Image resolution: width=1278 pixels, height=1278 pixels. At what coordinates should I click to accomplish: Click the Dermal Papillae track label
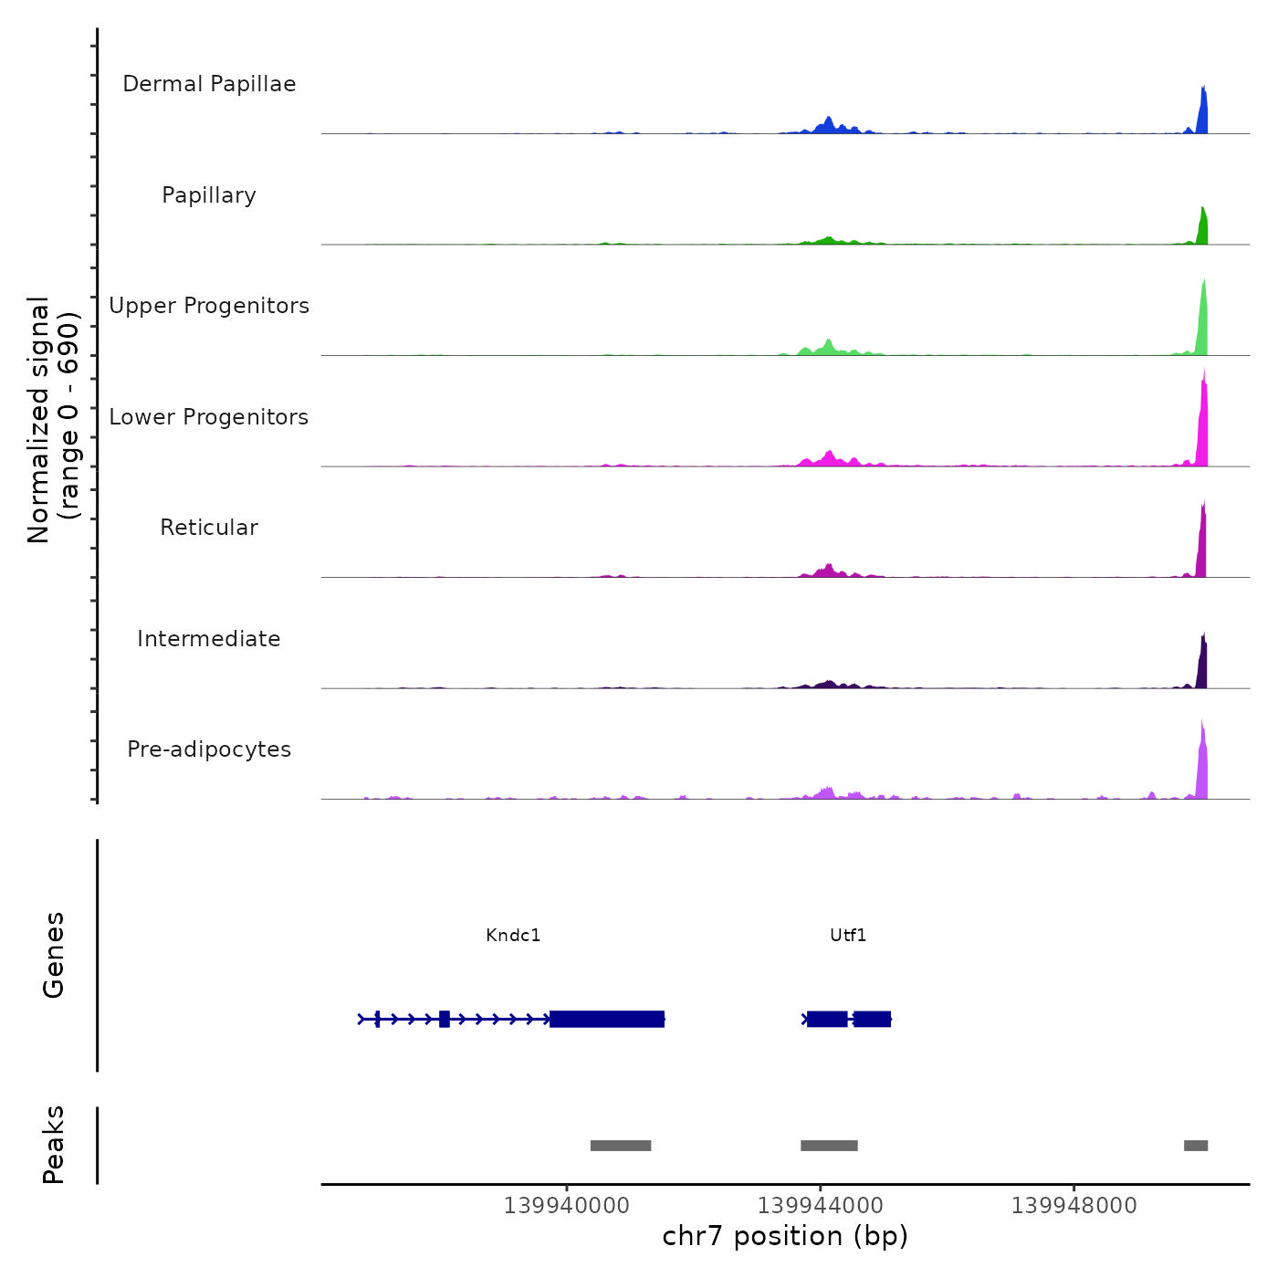(209, 84)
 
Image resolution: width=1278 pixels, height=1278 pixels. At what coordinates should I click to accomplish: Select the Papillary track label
(209, 195)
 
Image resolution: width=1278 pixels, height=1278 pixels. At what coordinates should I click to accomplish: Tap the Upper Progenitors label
(209, 306)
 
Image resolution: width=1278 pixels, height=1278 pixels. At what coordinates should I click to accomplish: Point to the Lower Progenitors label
(209, 417)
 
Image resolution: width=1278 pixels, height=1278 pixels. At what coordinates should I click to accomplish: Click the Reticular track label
(209, 528)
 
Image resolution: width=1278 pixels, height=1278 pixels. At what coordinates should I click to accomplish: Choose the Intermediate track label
(209, 639)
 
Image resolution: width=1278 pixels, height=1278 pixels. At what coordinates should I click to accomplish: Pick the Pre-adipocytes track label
(209, 749)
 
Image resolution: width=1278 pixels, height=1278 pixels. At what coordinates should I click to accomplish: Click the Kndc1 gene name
(513, 936)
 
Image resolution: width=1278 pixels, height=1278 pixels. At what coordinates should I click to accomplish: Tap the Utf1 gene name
(848, 936)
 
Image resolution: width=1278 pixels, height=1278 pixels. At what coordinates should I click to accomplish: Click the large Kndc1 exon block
(607, 1019)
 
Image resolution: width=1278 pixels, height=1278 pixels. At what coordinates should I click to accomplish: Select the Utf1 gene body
(847, 1019)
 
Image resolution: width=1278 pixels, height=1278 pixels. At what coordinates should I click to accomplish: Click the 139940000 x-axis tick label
(566, 1206)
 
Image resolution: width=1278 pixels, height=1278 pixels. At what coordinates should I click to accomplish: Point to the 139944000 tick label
(820, 1206)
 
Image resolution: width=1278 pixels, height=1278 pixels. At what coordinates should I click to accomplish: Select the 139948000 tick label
(1074, 1206)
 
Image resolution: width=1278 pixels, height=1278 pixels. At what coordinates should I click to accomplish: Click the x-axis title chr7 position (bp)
(785, 1236)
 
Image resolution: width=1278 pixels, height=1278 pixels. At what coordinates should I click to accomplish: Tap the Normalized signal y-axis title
(53, 420)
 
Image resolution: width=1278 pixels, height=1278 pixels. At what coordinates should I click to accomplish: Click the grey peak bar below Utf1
(829, 1146)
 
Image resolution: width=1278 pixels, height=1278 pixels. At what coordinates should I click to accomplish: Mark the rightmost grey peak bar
(1196, 1146)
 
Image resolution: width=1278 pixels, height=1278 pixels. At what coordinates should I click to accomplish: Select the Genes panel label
(54, 955)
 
